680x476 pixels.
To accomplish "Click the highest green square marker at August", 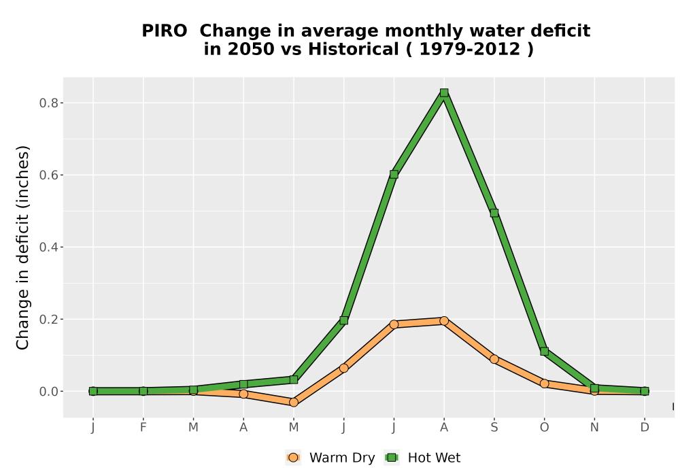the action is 443,92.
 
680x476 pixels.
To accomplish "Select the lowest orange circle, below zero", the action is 294,403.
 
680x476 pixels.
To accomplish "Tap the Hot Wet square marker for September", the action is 494,214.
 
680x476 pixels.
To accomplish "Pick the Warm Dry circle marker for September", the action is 494,359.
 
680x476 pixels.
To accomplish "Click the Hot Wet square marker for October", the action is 544,351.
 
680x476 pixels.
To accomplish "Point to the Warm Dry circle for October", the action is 544,384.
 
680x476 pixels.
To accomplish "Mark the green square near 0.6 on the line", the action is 394,174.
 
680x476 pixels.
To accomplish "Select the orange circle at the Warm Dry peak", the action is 443,321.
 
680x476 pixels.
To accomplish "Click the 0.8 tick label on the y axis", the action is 48,103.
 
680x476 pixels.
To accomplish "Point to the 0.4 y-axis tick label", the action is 48,247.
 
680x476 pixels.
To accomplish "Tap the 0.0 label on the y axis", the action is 48,392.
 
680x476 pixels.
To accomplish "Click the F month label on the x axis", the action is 143,428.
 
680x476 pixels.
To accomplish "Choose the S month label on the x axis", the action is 494,428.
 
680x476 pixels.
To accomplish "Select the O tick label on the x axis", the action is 544,428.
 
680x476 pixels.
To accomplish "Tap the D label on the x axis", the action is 645,428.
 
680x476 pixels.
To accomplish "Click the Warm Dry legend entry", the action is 330,458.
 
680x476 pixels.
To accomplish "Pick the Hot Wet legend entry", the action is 422,458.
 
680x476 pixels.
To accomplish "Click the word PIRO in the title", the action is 165,31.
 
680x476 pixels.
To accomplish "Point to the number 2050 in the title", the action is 251,49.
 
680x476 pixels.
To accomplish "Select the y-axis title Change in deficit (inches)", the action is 22,248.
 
